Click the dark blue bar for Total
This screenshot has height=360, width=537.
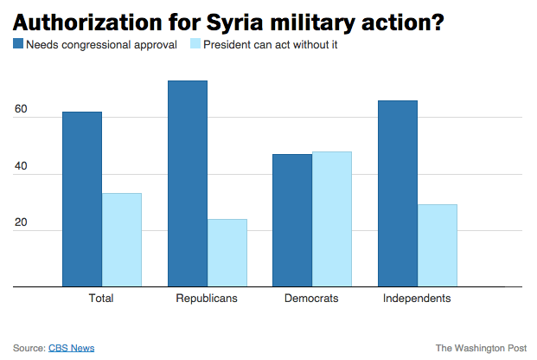pyautogui.click(x=82, y=199)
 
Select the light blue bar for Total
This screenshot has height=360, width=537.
pyautogui.click(x=121, y=240)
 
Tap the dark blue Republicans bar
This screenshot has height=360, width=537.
pyautogui.click(x=188, y=183)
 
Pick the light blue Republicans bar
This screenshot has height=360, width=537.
pyautogui.click(x=227, y=253)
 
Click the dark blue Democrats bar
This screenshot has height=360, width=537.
pyautogui.click(x=292, y=220)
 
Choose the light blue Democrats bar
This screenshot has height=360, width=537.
pyautogui.click(x=331, y=219)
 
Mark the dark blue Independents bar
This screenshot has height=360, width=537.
pyautogui.click(x=398, y=193)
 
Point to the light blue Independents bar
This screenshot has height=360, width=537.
pyautogui.click(x=437, y=245)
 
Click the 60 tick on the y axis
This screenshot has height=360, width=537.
pyautogui.click(x=21, y=111)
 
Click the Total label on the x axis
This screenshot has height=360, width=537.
pyautogui.click(x=101, y=299)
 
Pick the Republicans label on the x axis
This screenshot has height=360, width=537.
pyautogui.click(x=207, y=299)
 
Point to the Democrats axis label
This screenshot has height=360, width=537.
pyautogui.click(x=311, y=299)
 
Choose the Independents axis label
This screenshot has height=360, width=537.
pyautogui.click(x=417, y=299)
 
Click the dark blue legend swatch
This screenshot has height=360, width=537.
pyautogui.click(x=18, y=43)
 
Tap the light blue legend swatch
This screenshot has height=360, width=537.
pyautogui.click(x=195, y=43)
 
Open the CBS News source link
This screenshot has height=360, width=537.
pyautogui.click(x=71, y=348)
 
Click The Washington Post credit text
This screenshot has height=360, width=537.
pyautogui.click(x=480, y=348)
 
